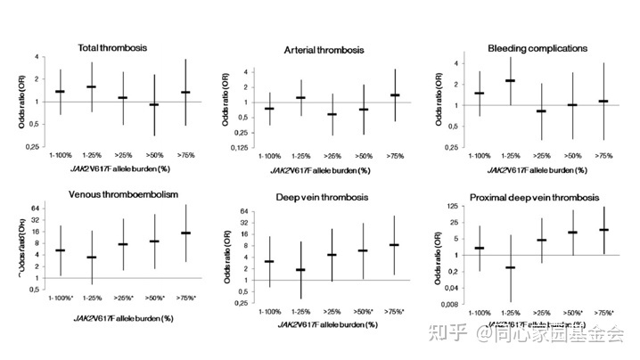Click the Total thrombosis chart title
point(112,46)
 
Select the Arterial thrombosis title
point(324,50)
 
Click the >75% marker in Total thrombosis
point(186,92)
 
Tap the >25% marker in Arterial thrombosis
point(332,114)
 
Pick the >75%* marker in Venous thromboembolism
point(186,233)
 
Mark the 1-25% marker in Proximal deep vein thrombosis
point(509,267)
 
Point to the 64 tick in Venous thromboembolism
point(34,209)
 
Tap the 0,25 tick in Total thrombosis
point(31,147)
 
